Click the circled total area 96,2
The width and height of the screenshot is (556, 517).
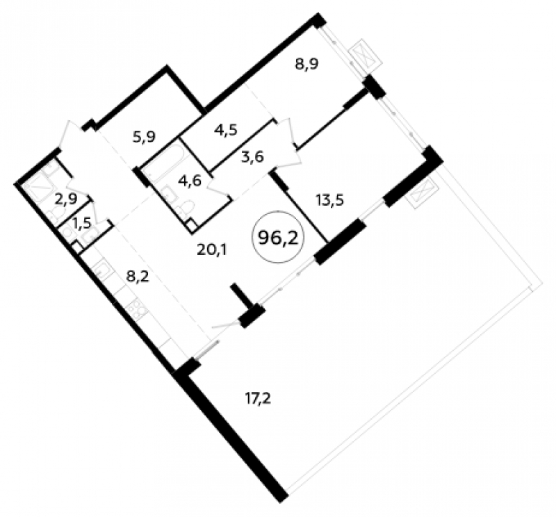point(277,237)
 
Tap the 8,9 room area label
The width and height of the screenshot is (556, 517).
point(307,64)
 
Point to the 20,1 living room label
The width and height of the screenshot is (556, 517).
point(211,250)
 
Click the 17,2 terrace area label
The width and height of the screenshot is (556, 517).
point(258,399)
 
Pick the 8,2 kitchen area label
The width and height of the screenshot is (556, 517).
point(138,276)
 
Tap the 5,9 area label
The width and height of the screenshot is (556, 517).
point(145,136)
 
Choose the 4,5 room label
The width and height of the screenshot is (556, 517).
point(226,129)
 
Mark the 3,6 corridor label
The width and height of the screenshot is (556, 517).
point(252,156)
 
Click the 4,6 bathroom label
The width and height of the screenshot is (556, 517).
point(190,181)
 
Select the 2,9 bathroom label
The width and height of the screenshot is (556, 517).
point(65,199)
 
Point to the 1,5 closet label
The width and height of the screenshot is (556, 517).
point(81,223)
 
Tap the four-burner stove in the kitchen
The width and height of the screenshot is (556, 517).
point(138,309)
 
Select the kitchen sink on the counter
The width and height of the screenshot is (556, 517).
point(103,270)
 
